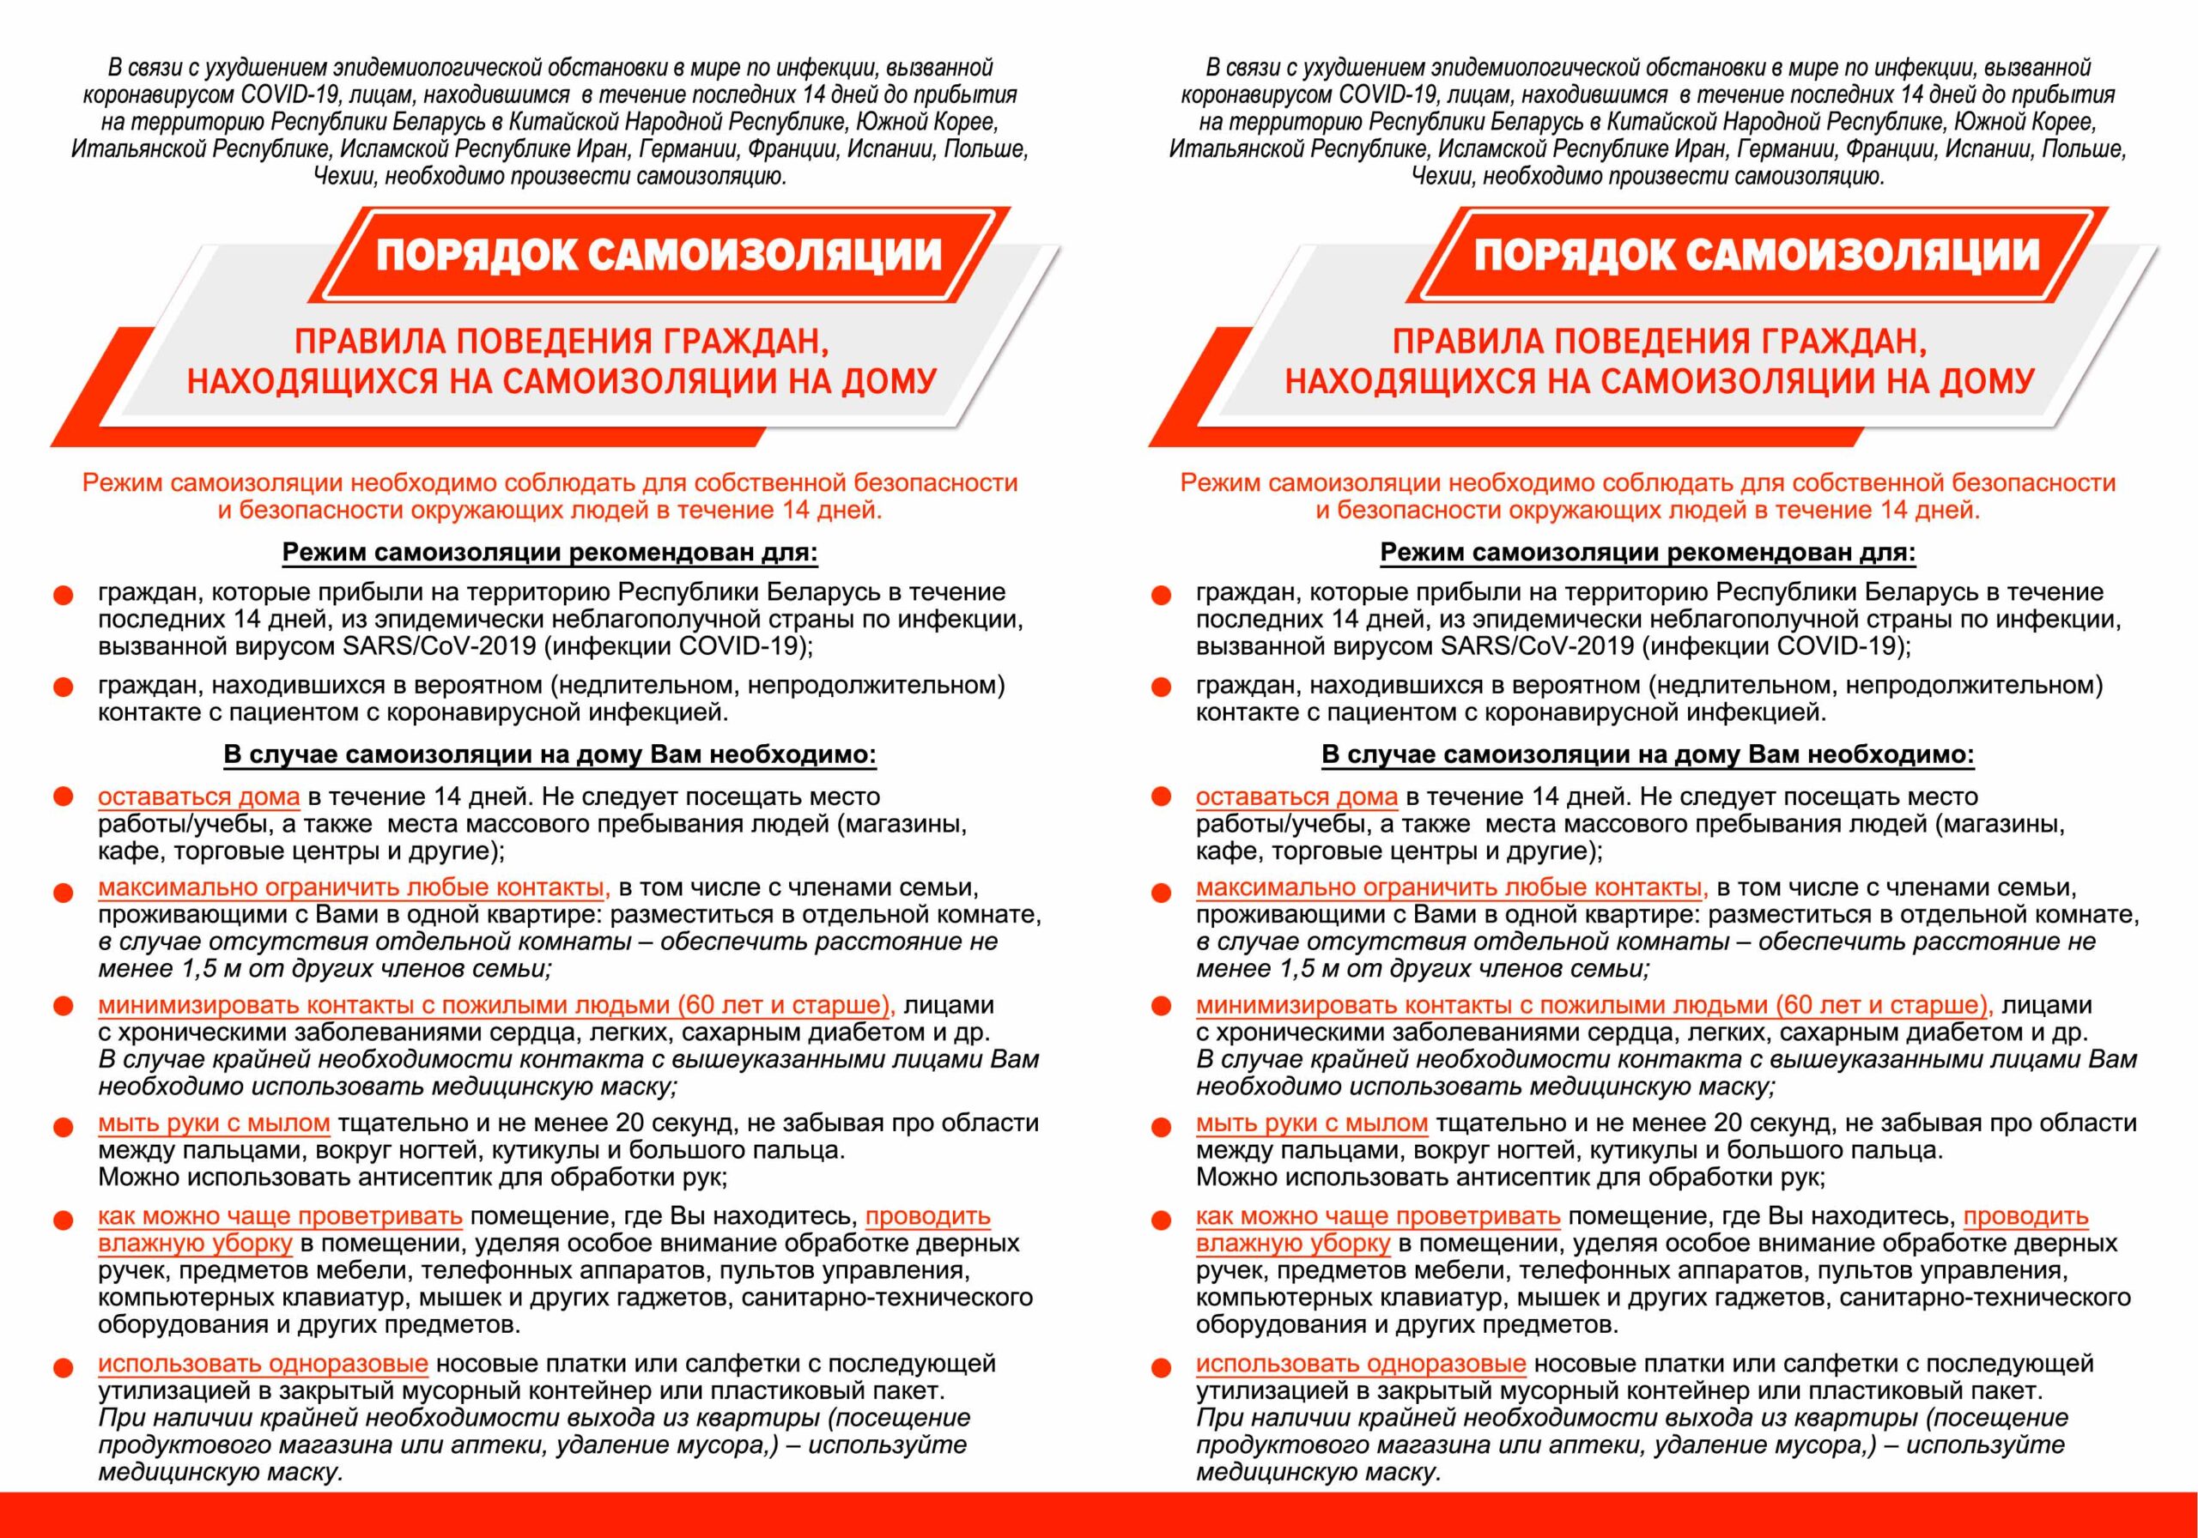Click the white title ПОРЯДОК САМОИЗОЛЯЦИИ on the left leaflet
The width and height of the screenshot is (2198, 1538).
click(659, 256)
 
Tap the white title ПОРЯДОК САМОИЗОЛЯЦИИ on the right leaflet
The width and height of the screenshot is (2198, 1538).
click(1757, 256)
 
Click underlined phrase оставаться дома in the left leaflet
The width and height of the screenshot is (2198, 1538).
click(198, 796)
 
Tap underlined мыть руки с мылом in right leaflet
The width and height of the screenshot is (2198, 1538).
click(1312, 1123)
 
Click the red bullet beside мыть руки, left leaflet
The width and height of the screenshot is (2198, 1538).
click(64, 1128)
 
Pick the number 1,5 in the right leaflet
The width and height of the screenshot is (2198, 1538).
click(1301, 969)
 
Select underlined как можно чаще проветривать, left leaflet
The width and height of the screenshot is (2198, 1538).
click(280, 1216)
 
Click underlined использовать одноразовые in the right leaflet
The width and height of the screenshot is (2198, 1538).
click(1360, 1363)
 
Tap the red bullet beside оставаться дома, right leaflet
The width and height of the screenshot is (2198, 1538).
click(1161, 797)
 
